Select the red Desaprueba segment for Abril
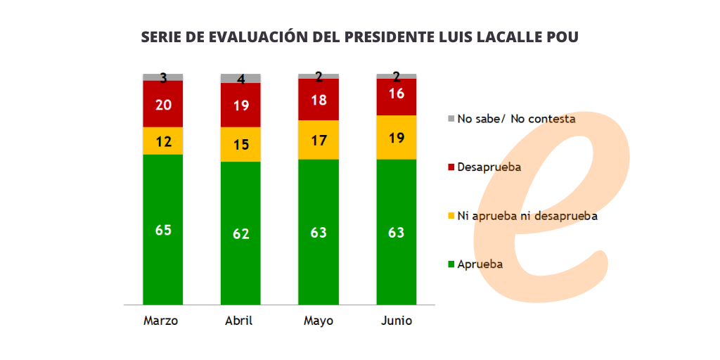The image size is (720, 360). point(240,105)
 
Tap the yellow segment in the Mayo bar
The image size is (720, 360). point(319,140)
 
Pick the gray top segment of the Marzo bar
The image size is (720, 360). point(163,77)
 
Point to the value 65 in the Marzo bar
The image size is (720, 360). point(163,231)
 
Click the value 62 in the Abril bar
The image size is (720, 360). point(240,233)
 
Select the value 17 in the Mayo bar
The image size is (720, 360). point(319,141)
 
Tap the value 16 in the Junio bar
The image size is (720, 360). point(397,94)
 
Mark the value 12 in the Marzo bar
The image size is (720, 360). point(163,141)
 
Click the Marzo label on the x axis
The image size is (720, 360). point(161,321)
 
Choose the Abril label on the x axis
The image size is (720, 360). point(238,321)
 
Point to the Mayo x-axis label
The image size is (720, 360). point(319,321)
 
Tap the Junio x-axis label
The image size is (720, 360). point(397,321)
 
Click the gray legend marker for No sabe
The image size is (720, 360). point(451,119)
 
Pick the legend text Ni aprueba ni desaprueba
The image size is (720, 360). point(527,216)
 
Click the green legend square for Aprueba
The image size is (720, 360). point(451,264)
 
